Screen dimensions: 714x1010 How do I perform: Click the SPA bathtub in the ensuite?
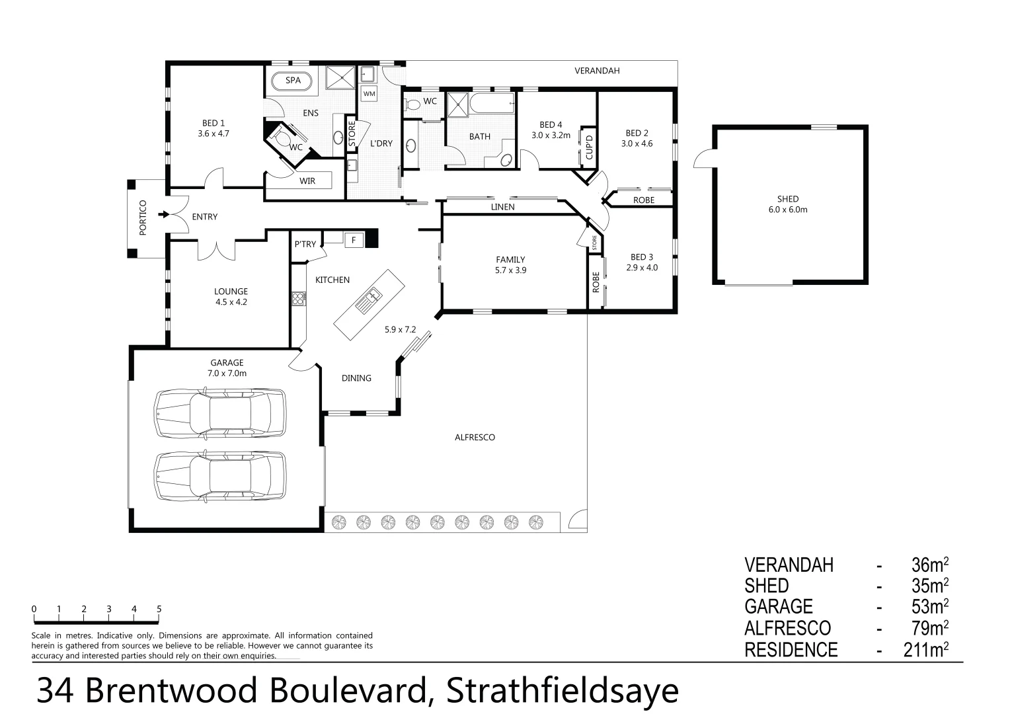tap(292, 81)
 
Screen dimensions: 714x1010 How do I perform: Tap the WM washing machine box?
tap(369, 93)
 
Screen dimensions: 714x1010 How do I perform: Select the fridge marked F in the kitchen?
tap(354, 240)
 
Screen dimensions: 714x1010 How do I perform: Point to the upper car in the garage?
tap(220, 413)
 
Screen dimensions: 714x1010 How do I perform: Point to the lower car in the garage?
tap(220, 476)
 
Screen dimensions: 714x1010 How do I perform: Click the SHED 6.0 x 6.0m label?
tap(787, 204)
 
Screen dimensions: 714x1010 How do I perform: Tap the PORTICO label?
tap(143, 218)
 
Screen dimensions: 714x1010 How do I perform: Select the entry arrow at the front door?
tap(163, 214)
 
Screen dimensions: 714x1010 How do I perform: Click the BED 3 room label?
tap(641, 262)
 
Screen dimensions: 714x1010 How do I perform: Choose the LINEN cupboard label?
tap(502, 207)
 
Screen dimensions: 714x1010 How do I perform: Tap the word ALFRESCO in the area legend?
tap(787, 628)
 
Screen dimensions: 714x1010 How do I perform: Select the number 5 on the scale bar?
tap(159, 610)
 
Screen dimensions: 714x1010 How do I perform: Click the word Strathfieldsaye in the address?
tap(562, 692)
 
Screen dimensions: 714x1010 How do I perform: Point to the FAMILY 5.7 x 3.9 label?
tap(510, 264)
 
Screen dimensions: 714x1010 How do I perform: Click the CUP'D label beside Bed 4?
tap(589, 147)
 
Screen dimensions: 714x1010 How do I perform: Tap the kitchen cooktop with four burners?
tap(297, 299)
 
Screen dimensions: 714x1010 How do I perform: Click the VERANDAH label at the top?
tap(596, 71)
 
